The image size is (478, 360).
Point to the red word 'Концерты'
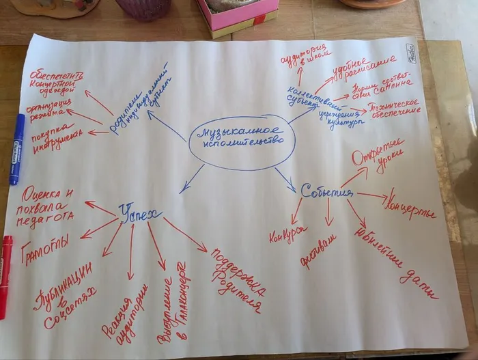pyautogui.click(x=410, y=205)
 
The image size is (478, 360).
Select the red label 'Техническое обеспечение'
pyautogui.click(x=394, y=108)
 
